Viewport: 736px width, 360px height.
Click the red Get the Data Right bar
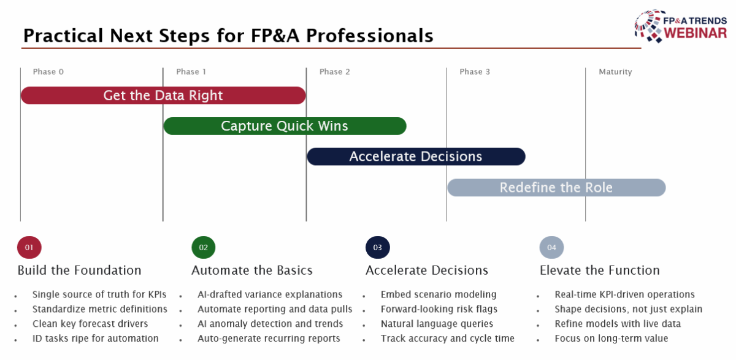click(163, 96)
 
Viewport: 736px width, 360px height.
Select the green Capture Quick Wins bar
click(285, 126)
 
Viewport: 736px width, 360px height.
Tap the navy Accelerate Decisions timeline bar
click(416, 156)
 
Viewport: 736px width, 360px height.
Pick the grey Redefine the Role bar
click(556, 188)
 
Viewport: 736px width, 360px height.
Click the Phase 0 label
click(48, 72)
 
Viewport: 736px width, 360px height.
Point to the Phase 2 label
click(335, 72)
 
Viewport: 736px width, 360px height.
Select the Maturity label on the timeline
click(615, 72)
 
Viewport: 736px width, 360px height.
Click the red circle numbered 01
click(29, 248)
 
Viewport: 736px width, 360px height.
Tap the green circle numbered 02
click(204, 248)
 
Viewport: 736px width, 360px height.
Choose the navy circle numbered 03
click(378, 248)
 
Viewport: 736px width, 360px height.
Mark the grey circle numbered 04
click(552, 248)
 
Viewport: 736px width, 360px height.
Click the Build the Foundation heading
click(79, 270)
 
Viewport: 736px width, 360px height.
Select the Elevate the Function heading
click(599, 270)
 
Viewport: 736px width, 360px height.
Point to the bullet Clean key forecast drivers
click(90, 324)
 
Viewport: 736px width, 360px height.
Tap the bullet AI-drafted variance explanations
click(270, 294)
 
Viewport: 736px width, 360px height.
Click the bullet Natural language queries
click(437, 324)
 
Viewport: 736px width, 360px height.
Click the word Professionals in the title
click(370, 36)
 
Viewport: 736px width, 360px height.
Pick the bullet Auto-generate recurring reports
click(269, 339)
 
